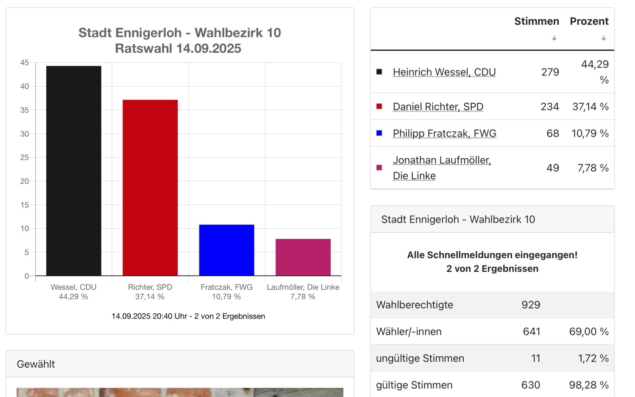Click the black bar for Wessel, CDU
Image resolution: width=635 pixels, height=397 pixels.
point(74,171)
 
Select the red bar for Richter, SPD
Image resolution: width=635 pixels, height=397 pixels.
point(150,187)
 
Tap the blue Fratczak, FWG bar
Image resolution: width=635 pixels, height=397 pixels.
point(227,250)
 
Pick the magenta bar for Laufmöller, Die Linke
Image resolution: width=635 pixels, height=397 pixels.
point(303,257)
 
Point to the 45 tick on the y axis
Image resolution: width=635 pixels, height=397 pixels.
point(24,63)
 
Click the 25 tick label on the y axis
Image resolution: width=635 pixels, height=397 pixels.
point(24,157)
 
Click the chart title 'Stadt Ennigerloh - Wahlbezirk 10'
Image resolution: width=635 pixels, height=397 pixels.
point(180,33)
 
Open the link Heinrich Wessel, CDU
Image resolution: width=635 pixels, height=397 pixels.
point(444,72)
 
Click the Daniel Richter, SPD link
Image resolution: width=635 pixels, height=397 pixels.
point(438,107)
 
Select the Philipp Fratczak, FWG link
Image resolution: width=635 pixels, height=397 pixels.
point(444,133)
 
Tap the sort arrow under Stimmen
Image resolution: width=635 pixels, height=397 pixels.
point(554,38)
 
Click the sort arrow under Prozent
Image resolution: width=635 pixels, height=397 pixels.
point(604,38)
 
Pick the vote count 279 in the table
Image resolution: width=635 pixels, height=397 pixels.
point(550,72)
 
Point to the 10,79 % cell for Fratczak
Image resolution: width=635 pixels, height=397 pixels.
point(590,133)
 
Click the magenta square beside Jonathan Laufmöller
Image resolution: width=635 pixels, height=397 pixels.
point(379,168)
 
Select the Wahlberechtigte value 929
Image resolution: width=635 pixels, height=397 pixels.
point(531,305)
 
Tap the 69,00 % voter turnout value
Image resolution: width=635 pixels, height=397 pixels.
point(589,331)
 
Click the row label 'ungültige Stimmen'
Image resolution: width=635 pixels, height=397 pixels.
point(420,358)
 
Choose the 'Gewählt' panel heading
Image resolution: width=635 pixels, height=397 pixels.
point(36,364)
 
